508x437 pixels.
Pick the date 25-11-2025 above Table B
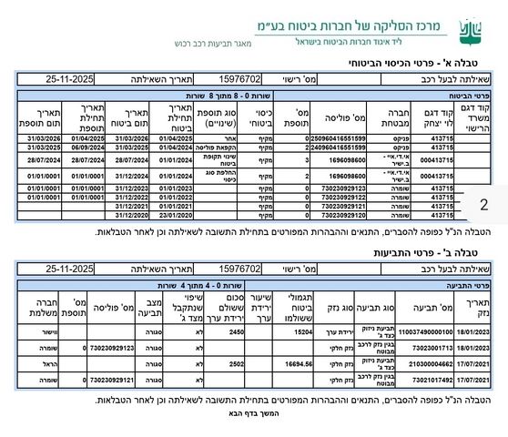(x=70, y=269)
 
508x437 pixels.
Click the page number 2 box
(x=483, y=206)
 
